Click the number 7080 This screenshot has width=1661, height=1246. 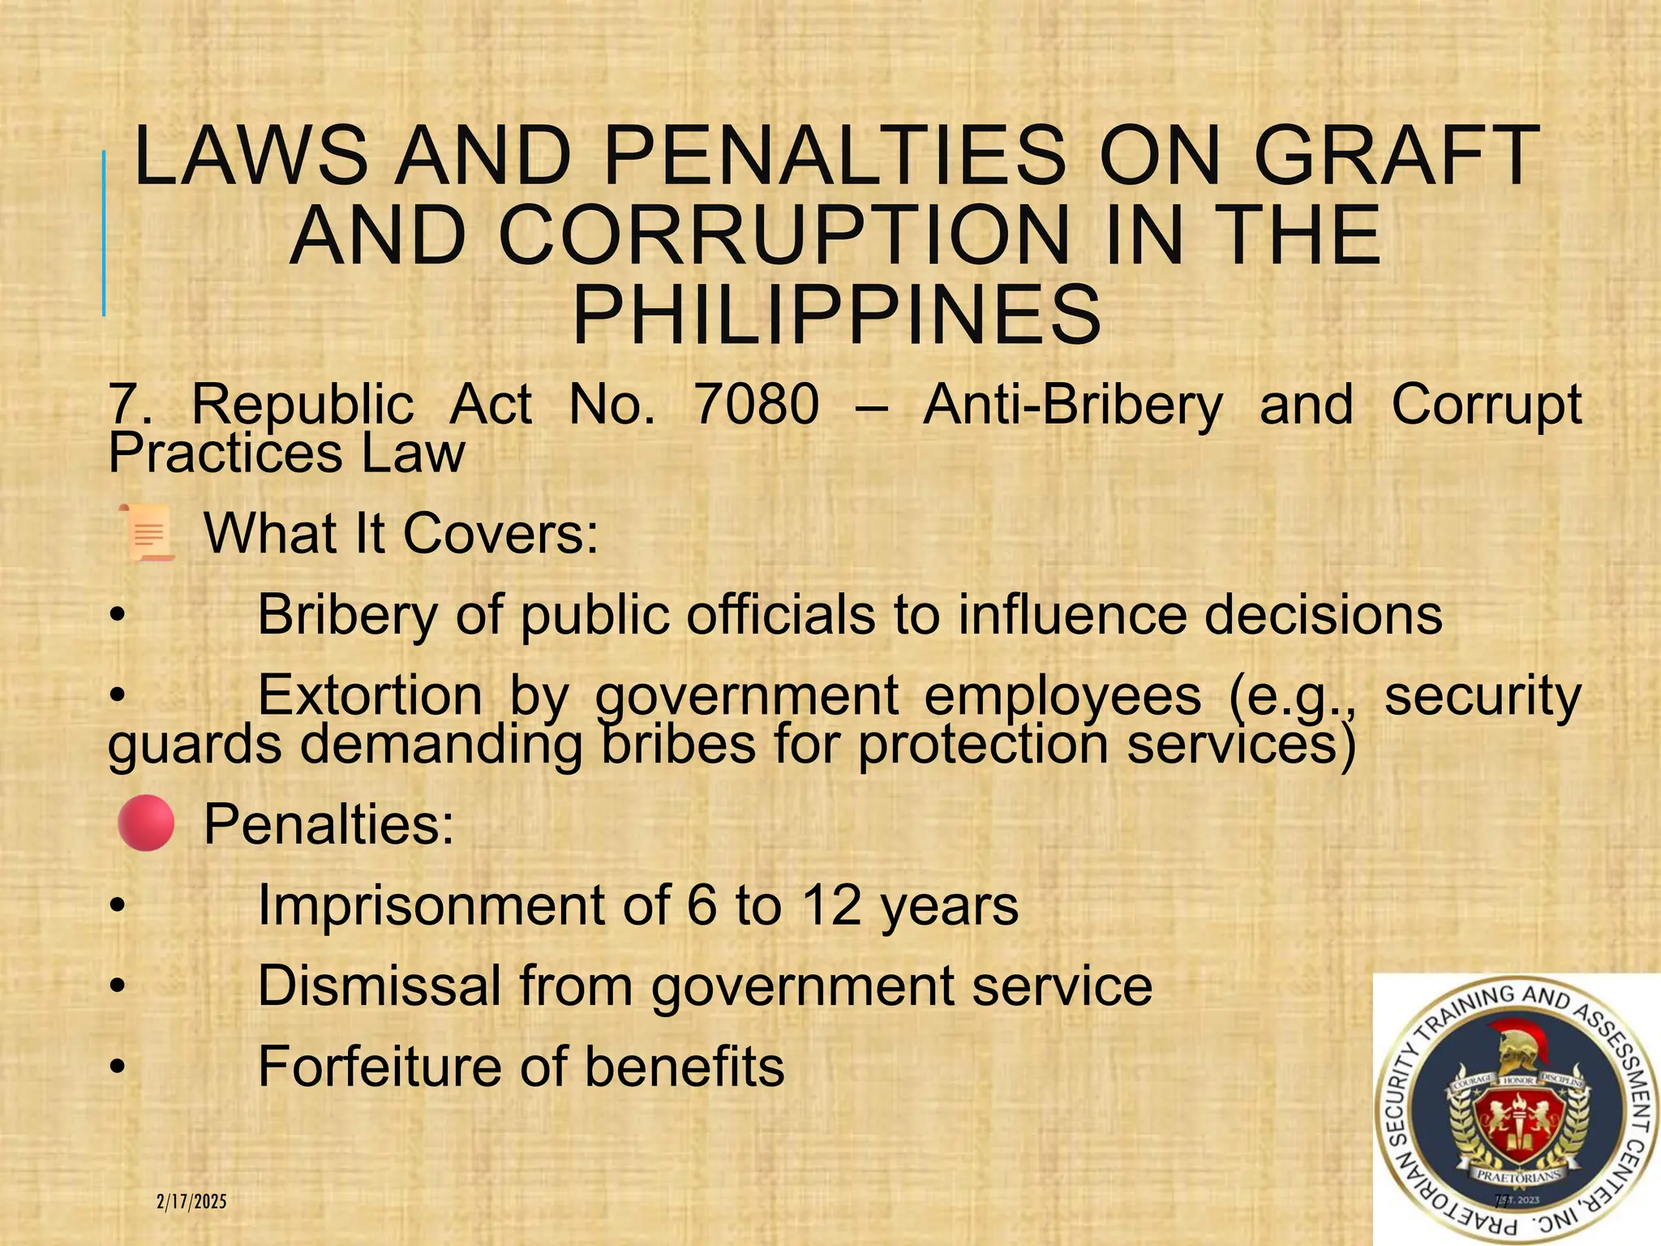point(756,404)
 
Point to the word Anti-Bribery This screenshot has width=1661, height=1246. point(1072,406)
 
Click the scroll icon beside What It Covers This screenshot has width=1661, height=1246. point(147,532)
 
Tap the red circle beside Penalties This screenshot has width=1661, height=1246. point(146,823)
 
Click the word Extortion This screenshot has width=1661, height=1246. point(370,695)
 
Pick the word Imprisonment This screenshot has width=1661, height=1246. point(431,905)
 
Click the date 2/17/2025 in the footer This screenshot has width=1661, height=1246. point(191,1201)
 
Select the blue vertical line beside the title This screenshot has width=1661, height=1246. point(104,234)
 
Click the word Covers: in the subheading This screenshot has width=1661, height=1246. point(500,534)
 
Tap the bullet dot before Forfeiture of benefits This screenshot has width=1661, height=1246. point(118,1067)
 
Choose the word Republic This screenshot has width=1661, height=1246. point(303,404)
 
